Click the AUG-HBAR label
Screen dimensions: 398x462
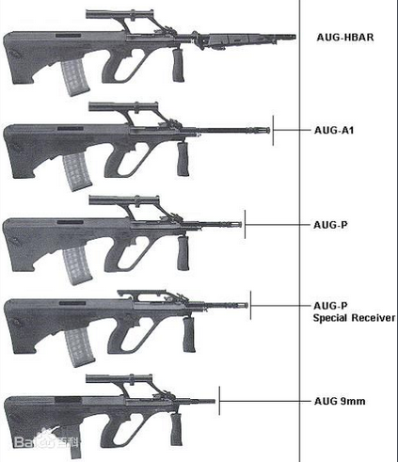(345, 38)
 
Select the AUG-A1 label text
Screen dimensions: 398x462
(334, 130)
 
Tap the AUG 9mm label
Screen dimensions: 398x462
(340, 401)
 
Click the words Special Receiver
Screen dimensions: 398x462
(354, 318)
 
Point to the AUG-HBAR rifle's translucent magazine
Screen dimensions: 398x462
(74, 77)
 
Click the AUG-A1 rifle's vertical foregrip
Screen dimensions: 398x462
(183, 159)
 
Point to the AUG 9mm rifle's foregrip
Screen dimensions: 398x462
(176, 429)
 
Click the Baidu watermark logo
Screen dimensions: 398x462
(47, 441)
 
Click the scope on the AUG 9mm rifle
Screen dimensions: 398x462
(119, 378)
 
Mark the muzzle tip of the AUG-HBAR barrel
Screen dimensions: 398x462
(295, 37)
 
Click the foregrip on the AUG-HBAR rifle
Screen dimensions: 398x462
(178, 66)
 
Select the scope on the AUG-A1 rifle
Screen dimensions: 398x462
(123, 106)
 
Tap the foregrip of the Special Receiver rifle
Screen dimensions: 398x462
(189, 335)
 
